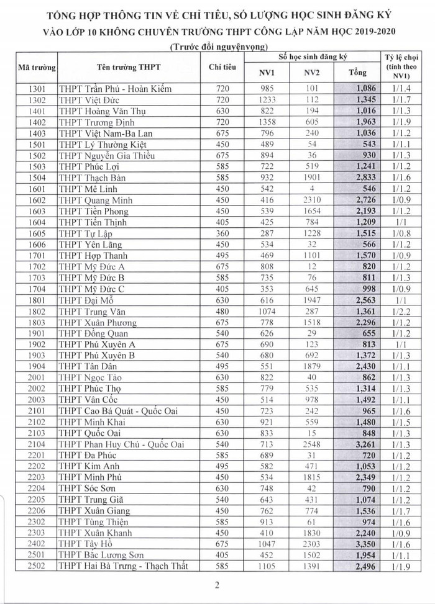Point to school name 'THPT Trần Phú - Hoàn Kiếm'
point(115,89)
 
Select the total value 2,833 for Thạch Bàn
point(366,178)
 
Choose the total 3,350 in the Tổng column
point(366,543)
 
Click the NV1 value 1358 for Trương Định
point(266,122)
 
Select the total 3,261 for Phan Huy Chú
point(366,443)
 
